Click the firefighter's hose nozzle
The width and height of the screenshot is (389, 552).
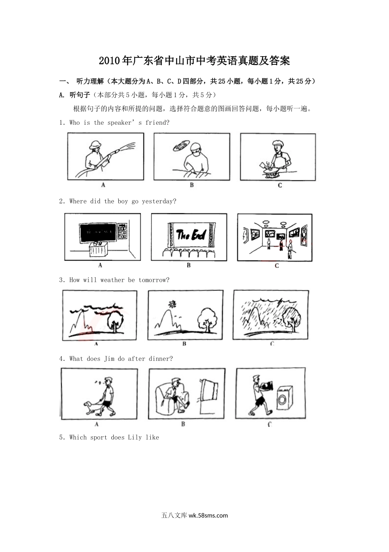pos(115,151)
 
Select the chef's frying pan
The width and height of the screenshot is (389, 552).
pos(269,170)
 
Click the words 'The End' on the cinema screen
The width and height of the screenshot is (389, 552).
pos(191,234)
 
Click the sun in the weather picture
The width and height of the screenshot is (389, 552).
pos(172,304)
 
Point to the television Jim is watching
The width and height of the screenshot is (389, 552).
pos(209,390)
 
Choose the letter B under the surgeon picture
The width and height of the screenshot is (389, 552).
pos(192,185)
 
